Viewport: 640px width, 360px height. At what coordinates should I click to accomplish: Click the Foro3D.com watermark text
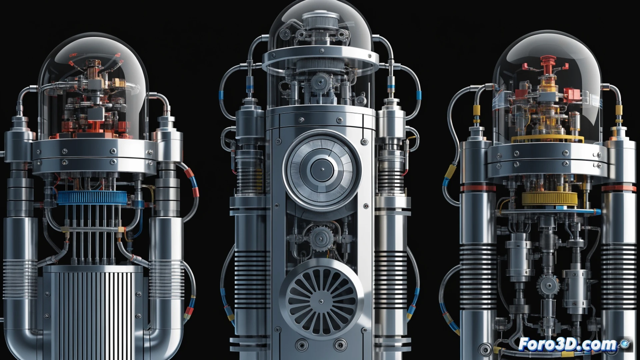[568, 344]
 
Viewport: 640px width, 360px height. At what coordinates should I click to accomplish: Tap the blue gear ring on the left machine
[91, 198]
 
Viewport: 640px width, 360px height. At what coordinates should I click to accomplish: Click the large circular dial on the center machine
[322, 169]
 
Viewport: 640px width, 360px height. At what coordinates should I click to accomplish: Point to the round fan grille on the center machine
[322, 301]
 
